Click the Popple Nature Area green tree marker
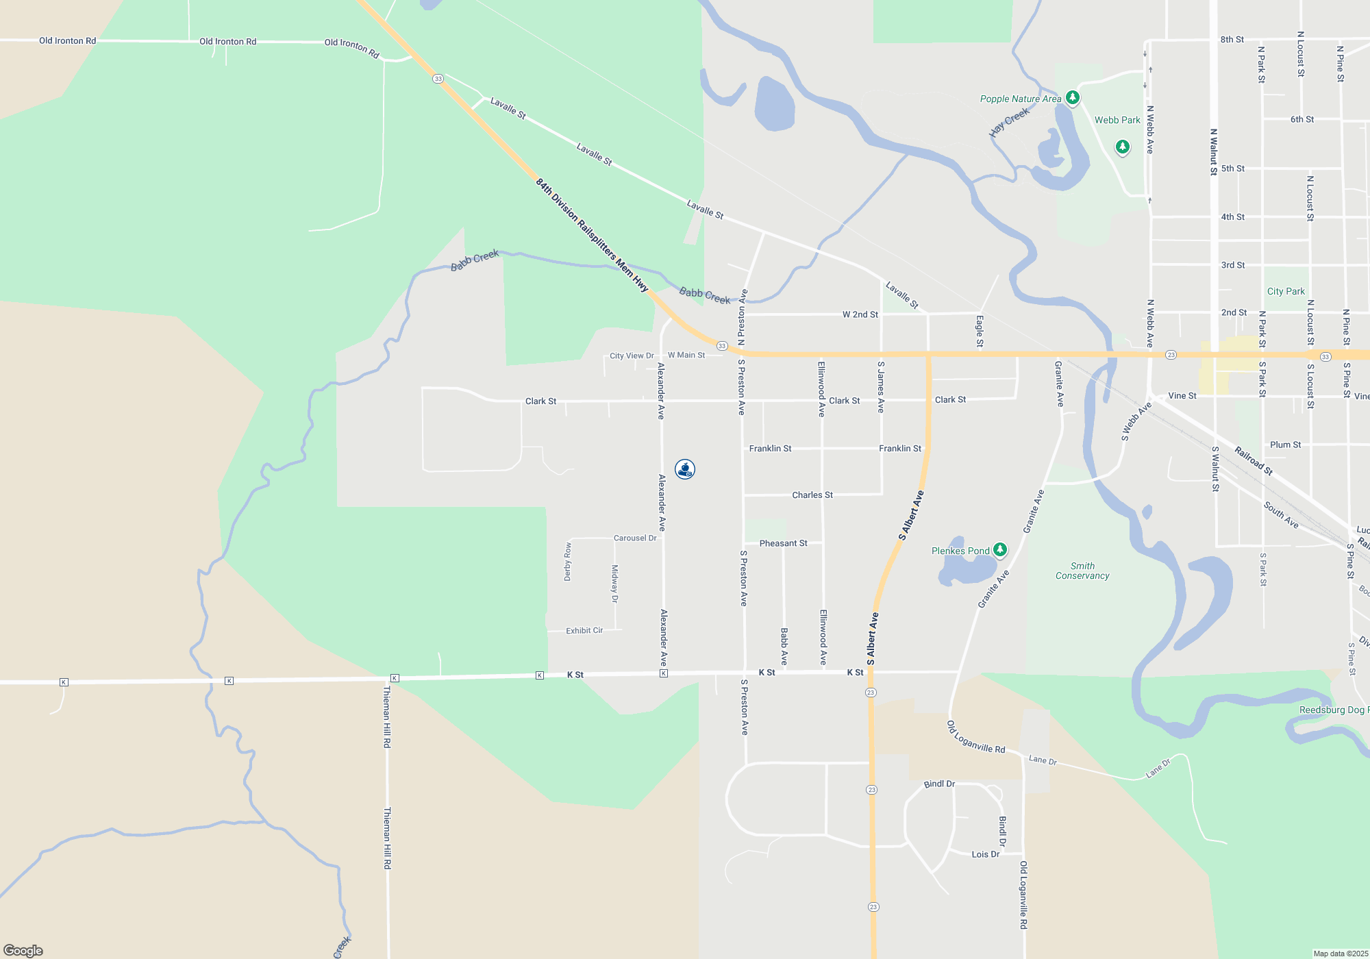pos(1073,98)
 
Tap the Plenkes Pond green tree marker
pos(1000,549)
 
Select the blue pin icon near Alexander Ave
pos(685,469)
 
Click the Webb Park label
pos(1117,120)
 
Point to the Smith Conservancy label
pos(1082,571)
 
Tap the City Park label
pos(1286,291)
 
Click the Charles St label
pos(812,495)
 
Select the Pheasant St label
pos(783,543)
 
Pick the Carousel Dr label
pos(635,538)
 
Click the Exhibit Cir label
pos(584,630)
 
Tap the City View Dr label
pos(632,356)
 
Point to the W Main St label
pos(686,355)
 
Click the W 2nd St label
pos(860,314)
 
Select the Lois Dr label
pos(986,854)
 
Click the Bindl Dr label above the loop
pos(939,784)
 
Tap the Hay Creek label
pos(1010,122)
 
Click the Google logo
pos(23,950)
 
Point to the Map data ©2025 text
pos(1341,954)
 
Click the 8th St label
pos(1232,40)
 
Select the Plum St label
pos(1285,445)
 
